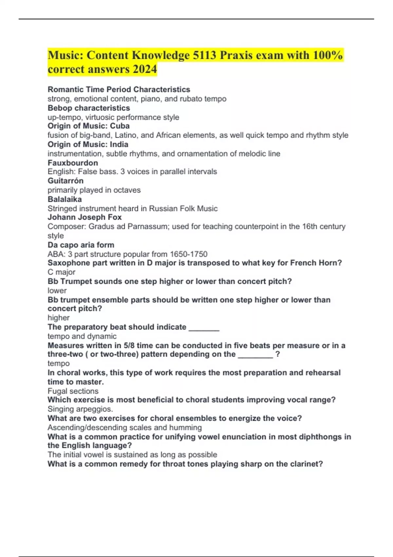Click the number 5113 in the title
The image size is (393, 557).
204,55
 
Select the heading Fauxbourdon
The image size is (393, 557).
73,163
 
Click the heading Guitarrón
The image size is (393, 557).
65,181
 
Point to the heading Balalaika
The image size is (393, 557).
65,199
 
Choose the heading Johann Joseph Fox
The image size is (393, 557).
84,217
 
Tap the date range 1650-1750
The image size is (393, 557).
188,254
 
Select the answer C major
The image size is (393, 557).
61,272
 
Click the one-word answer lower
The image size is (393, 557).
57,291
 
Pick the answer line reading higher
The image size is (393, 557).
59,318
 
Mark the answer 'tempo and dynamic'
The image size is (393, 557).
82,336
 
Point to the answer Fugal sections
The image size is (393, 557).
73,391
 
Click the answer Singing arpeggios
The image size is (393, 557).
80,409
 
